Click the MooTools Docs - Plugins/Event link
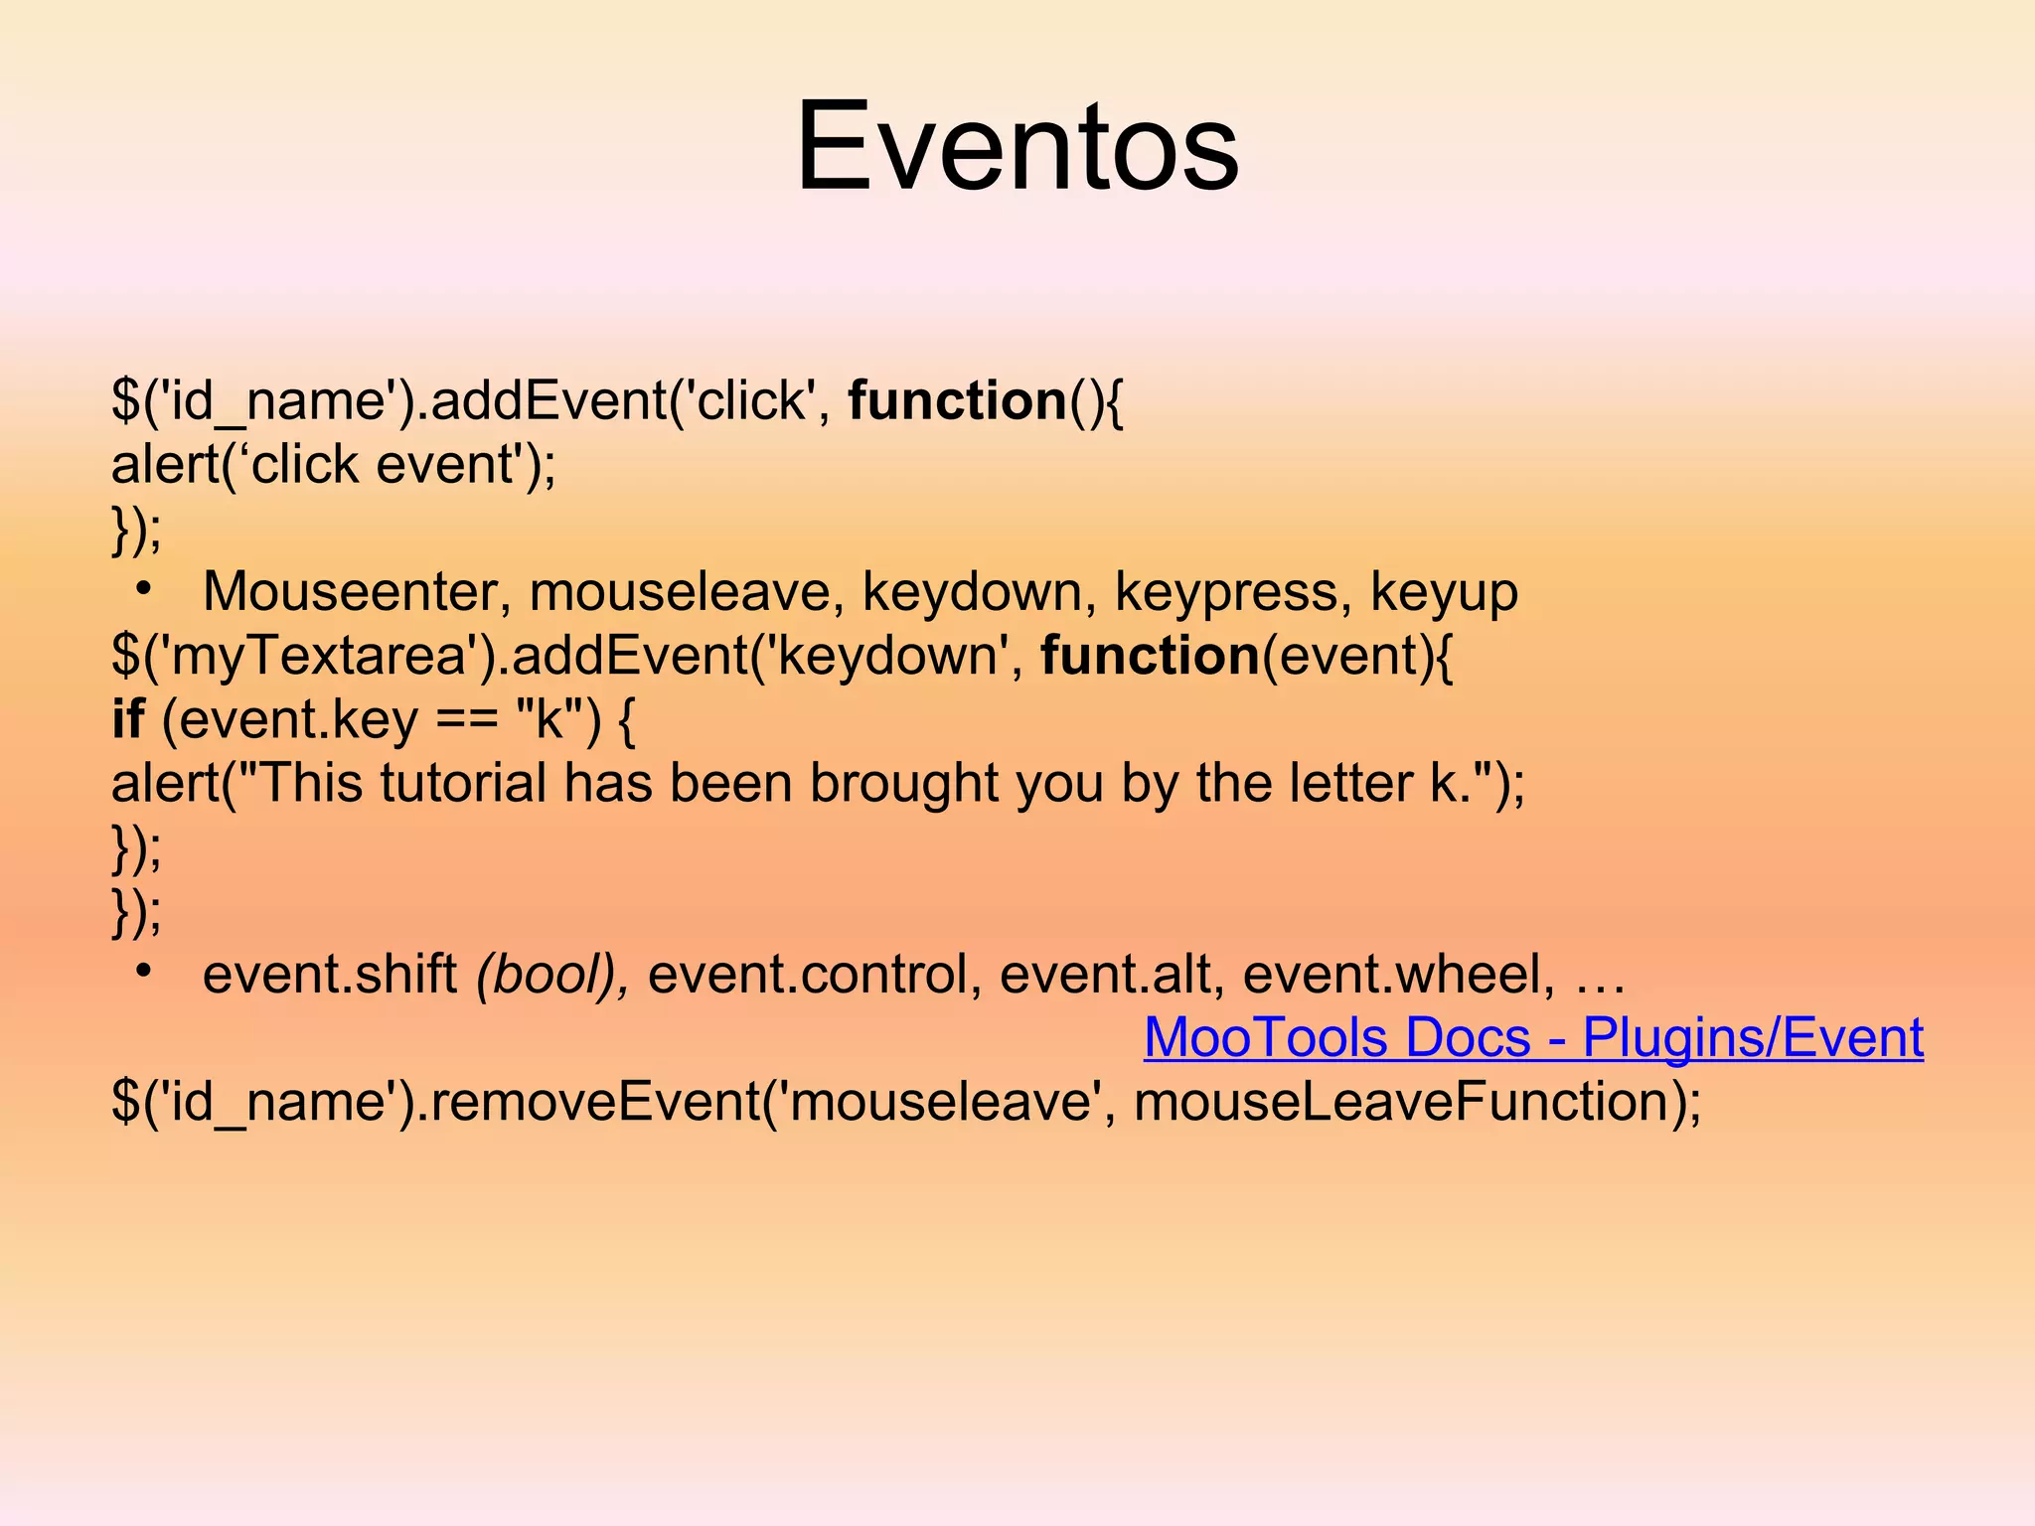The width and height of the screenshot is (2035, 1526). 1533,1037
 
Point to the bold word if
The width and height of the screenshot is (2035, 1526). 127,719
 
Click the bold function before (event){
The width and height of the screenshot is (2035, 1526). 1150,657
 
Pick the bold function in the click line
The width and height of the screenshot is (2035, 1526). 957,401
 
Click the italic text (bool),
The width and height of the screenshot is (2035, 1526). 552,975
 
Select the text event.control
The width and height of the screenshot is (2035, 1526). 806,975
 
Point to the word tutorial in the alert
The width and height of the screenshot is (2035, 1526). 463,784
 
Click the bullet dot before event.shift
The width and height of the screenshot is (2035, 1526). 145,970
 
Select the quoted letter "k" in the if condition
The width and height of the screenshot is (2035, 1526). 549,719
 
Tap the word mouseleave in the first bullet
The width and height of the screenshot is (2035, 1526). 680,592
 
